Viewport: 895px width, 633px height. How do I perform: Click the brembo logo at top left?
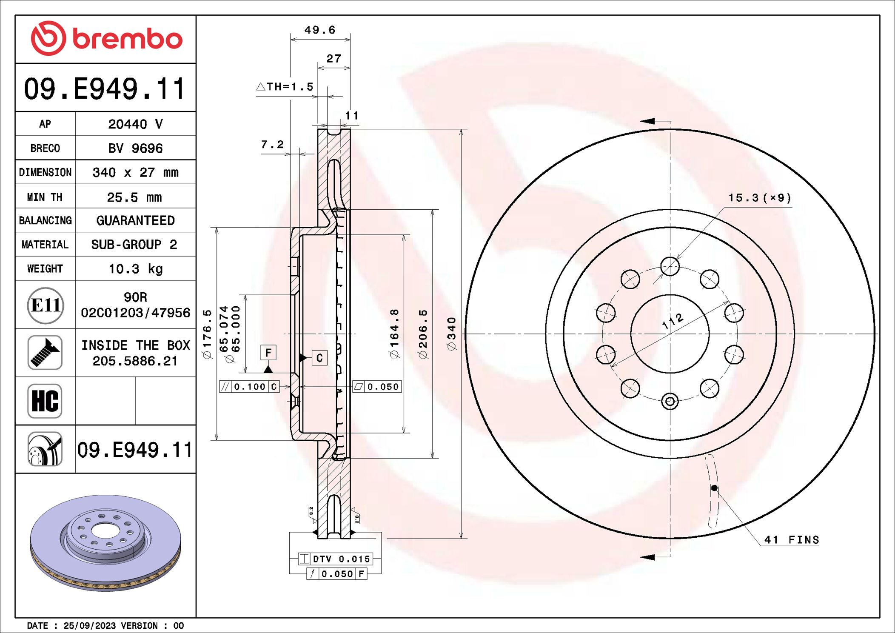(x=106, y=38)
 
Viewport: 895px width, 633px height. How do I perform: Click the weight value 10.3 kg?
(x=135, y=268)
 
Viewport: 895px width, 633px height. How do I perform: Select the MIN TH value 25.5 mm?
(x=134, y=197)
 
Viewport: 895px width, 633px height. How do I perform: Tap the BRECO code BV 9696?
(x=135, y=148)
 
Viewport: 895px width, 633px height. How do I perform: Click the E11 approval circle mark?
(x=46, y=305)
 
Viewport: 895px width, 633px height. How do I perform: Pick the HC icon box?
(x=45, y=401)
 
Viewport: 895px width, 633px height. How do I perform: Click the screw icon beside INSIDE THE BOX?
(x=45, y=352)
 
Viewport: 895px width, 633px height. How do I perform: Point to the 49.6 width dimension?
(x=319, y=30)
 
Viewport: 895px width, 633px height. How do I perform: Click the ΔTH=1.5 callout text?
(x=285, y=87)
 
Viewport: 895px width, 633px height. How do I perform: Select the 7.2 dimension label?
(x=272, y=144)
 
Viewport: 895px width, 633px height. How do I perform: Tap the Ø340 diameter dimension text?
(x=452, y=334)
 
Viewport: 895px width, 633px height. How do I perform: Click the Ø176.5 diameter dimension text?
(x=207, y=334)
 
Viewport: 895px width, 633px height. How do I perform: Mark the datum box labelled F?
(x=268, y=352)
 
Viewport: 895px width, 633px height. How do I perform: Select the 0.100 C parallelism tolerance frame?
(x=249, y=386)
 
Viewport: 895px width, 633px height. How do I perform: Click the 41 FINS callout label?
(x=791, y=540)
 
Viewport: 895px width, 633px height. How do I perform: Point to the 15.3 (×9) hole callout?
(x=759, y=198)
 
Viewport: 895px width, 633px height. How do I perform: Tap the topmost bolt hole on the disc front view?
(x=670, y=266)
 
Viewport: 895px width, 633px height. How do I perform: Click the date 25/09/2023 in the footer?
(x=89, y=625)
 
